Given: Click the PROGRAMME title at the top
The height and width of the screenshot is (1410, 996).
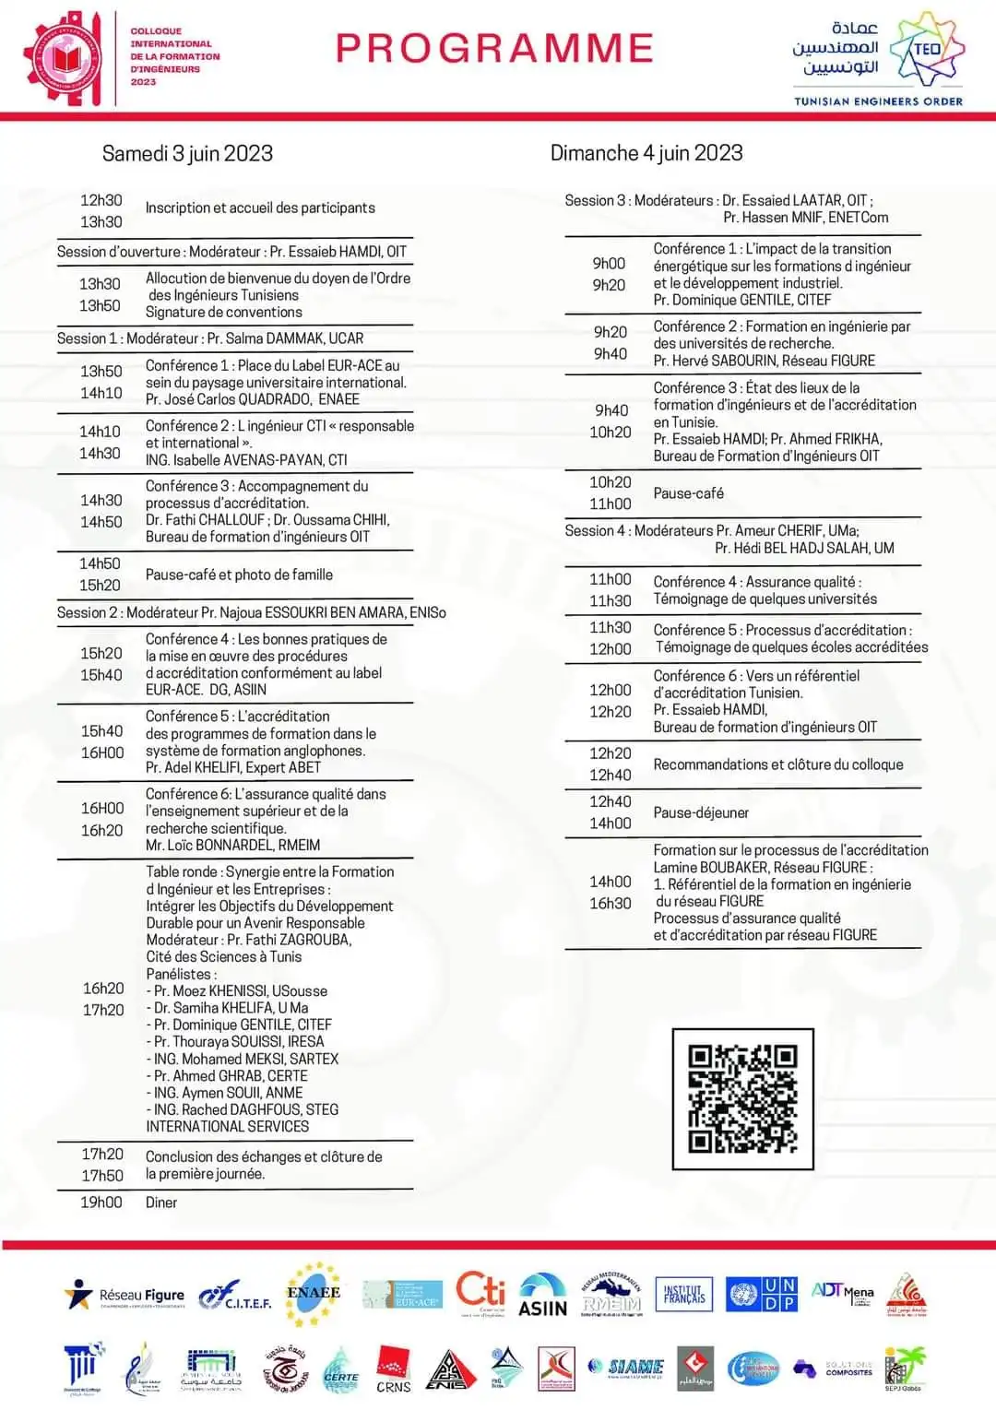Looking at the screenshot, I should (x=495, y=48).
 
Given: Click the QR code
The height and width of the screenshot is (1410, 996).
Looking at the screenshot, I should (x=742, y=1098).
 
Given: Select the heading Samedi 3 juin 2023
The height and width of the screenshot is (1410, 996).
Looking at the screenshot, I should (x=187, y=153).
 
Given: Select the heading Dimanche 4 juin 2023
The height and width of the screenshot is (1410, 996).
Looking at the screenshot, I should (x=646, y=153).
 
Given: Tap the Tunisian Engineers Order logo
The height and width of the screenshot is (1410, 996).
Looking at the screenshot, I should (x=878, y=60).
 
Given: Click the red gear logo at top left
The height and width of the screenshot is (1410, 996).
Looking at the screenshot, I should (x=65, y=57).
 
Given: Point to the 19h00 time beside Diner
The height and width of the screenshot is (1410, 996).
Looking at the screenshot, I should (x=101, y=1203).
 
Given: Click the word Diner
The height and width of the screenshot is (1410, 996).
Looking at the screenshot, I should (x=161, y=1203).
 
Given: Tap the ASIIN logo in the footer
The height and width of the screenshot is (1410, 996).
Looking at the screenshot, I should (x=542, y=1295).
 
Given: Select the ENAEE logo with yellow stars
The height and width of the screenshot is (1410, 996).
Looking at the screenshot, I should (x=314, y=1293).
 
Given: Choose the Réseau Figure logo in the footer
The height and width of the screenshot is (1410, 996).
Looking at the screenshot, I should (x=125, y=1295).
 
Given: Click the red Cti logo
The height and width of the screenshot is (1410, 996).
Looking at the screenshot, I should (x=480, y=1291).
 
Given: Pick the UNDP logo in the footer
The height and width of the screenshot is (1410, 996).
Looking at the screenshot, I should (x=762, y=1294).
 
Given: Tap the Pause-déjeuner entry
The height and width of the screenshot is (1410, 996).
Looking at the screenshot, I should (x=701, y=812).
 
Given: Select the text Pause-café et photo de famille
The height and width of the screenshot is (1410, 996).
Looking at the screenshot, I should (x=239, y=575).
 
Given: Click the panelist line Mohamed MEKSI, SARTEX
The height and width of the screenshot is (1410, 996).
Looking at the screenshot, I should (x=245, y=1059).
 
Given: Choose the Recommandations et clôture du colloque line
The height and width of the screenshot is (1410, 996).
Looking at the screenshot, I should (x=778, y=764).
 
